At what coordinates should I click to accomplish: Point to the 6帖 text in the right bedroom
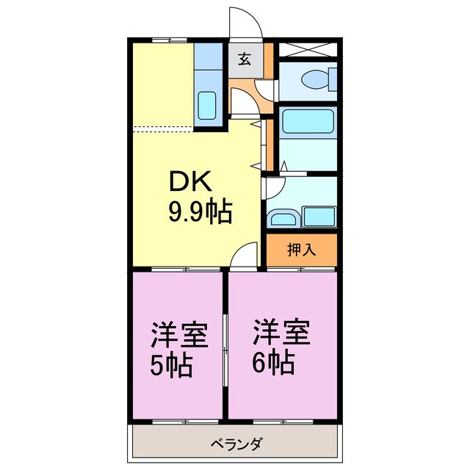(275, 361)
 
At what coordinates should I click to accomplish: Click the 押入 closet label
(301, 250)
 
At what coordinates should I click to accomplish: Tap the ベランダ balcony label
(236, 444)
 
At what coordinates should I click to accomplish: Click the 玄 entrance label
(244, 59)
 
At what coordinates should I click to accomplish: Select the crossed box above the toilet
(308, 50)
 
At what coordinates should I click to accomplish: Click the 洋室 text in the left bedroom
(179, 334)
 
